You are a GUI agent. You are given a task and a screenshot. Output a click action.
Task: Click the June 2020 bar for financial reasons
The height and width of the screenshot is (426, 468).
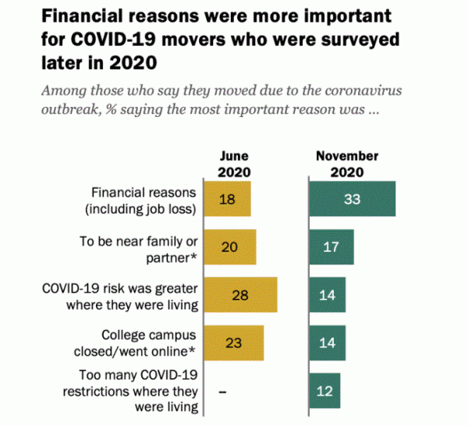(226, 199)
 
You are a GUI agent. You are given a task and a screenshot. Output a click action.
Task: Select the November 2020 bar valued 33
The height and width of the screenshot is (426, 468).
(352, 199)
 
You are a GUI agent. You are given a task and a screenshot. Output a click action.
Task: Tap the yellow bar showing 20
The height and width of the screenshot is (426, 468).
(229, 247)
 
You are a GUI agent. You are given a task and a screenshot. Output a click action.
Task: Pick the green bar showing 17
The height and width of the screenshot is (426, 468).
(331, 247)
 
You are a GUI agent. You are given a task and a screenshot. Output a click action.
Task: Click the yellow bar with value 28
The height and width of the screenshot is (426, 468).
(239, 295)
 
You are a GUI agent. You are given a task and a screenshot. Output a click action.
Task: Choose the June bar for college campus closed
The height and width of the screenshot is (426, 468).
(232, 343)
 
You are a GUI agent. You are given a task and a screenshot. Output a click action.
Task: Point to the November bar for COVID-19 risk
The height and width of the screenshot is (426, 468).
(326, 295)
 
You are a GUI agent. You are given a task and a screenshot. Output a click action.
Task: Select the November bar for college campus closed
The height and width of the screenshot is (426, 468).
(326, 343)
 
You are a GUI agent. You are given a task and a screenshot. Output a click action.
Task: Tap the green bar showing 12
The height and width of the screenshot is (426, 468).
(324, 390)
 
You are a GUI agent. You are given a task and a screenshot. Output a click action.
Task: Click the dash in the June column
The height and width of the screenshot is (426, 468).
(222, 390)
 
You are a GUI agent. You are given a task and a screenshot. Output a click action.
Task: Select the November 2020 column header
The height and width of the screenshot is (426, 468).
(347, 162)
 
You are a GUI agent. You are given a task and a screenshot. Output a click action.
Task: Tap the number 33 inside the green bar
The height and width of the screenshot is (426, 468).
(352, 199)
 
